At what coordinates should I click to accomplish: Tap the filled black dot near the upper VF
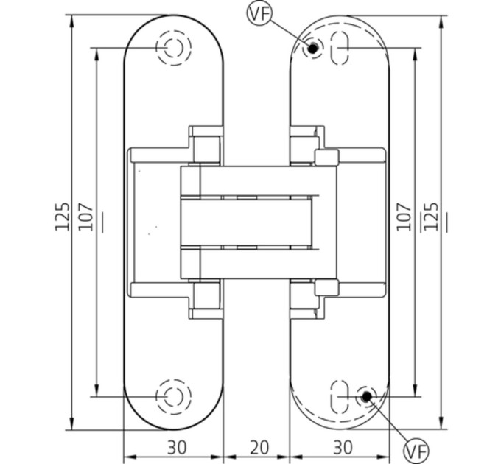pos(313,49)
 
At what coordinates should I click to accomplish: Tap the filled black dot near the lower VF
pos(366,396)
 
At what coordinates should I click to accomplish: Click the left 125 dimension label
pos(63,217)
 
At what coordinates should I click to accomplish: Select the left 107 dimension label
pos(86,217)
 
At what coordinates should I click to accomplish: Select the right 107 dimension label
pos(404,217)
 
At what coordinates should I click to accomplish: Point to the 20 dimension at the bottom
pos(259,447)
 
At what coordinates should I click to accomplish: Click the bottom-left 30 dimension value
pos(176,447)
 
